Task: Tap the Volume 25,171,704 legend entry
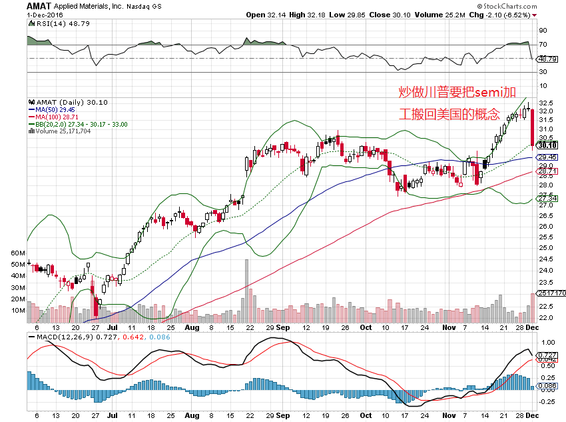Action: click(62, 131)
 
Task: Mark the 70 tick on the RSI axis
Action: click(543, 45)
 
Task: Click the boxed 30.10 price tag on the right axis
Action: click(547, 145)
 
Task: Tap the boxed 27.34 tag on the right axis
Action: click(547, 199)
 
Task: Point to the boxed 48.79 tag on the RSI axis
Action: click(547, 59)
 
